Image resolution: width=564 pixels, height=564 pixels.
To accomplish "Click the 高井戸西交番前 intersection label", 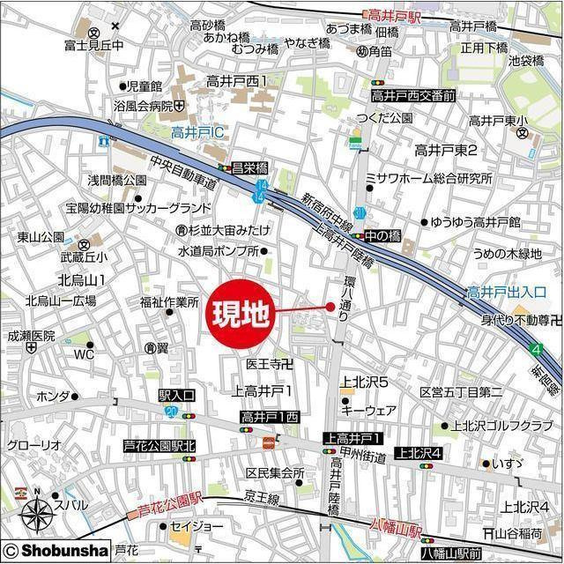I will coord(412,95).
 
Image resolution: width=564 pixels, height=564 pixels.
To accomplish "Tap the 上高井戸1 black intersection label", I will coord(352,438).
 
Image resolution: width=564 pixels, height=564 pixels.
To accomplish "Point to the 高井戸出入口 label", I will coord(507,291).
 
